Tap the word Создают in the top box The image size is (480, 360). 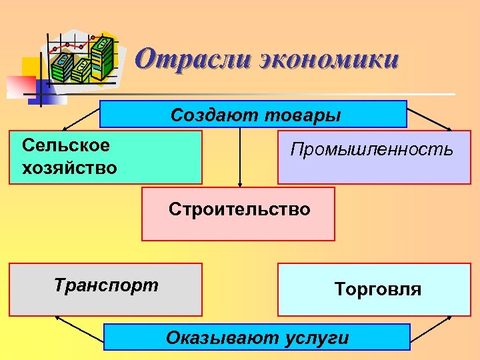212,115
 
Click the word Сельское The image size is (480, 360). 66,145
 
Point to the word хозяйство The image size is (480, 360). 69,167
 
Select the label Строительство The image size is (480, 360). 239,209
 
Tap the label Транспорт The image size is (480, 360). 106,285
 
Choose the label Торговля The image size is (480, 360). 378,289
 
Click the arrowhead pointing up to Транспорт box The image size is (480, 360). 59,319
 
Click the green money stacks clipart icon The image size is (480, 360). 83,60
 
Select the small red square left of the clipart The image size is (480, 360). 20,85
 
